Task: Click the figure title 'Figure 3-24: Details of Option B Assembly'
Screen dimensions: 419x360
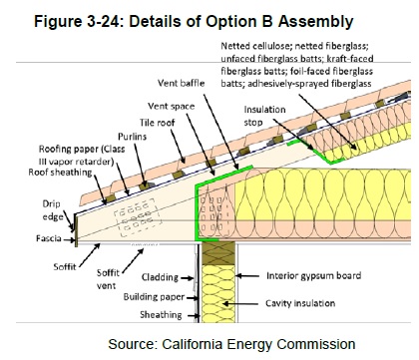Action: click(x=194, y=22)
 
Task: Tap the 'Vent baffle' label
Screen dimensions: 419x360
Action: click(x=182, y=83)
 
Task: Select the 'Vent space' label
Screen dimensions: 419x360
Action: click(x=172, y=106)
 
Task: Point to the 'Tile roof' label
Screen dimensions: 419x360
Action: click(x=158, y=123)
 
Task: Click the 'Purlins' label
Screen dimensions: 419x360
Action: click(x=132, y=137)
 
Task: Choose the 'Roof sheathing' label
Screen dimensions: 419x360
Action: click(x=60, y=173)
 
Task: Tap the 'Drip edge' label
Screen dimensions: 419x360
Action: click(x=53, y=210)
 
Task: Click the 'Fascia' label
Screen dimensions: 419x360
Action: click(x=49, y=238)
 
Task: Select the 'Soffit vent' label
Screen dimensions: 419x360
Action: click(x=108, y=279)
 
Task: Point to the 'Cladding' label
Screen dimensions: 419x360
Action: click(x=160, y=277)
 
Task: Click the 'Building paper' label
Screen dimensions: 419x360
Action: click(x=154, y=297)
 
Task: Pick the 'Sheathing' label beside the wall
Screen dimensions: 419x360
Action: click(x=161, y=314)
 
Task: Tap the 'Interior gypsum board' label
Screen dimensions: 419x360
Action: click(x=313, y=275)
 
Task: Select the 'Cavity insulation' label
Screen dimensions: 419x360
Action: click(x=300, y=303)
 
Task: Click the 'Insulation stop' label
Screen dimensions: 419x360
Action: click(x=264, y=116)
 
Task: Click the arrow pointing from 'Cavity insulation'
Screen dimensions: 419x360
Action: click(x=240, y=303)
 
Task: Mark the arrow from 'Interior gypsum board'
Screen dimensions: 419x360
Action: click(x=247, y=276)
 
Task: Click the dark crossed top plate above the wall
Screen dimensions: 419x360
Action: click(x=218, y=253)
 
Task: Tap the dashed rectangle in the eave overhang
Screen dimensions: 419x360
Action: click(x=138, y=217)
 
